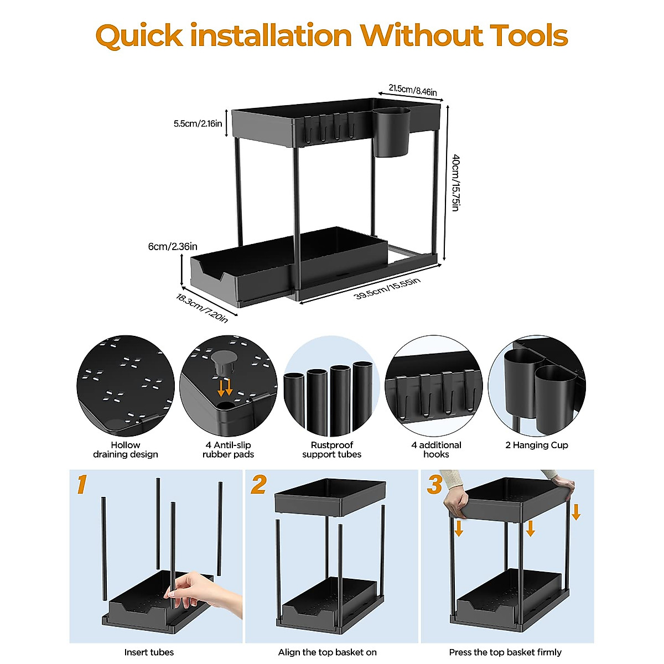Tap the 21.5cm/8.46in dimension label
tap(412, 90)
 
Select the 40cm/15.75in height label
tap(455, 183)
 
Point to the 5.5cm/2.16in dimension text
tap(198, 123)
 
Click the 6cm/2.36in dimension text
tap(173, 246)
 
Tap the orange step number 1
tap(82, 484)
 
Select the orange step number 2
tap(258, 484)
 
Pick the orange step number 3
tap(434, 484)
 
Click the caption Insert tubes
tap(149, 652)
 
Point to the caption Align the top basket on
tap(327, 652)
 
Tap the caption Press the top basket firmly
tap(505, 652)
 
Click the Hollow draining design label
tap(126, 449)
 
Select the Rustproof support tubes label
tap(331, 449)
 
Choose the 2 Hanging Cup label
tap(536, 445)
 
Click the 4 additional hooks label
tap(436, 449)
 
